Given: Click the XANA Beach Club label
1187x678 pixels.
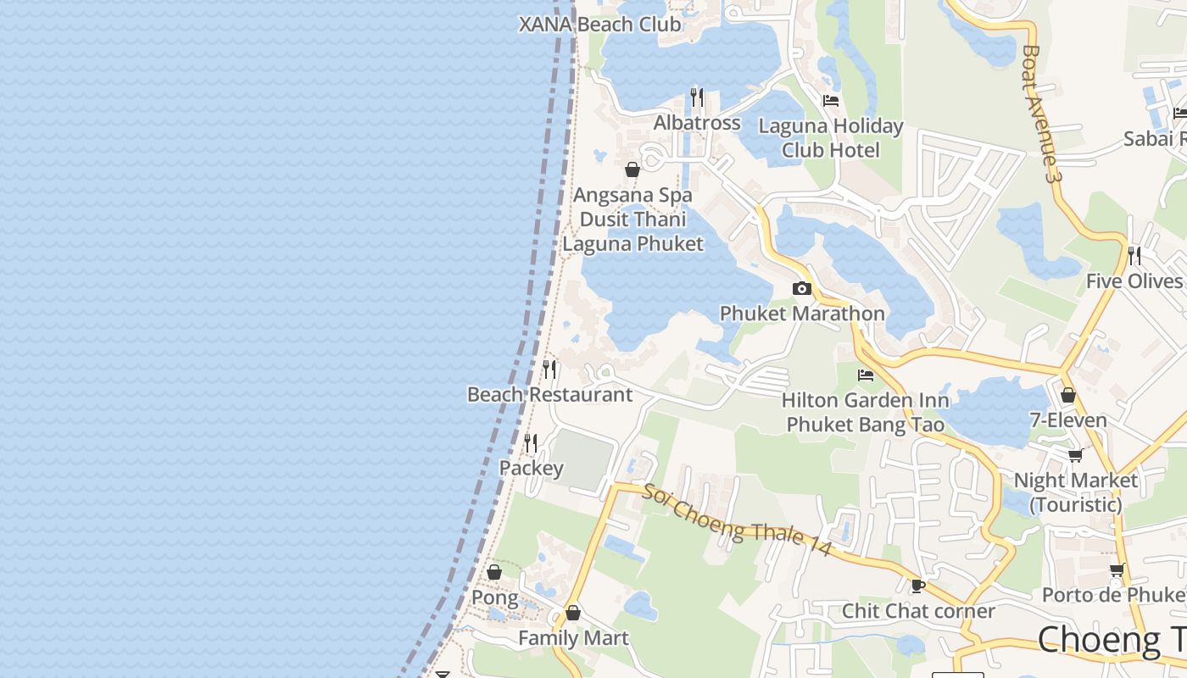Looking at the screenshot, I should click(600, 24).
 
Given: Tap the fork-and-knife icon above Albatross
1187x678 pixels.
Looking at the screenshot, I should click(697, 97).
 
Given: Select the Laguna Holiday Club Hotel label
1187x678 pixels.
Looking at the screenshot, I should click(831, 138).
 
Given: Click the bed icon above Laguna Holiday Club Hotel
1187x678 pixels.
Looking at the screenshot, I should click(831, 100).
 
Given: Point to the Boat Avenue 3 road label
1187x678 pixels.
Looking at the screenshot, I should click(1042, 114).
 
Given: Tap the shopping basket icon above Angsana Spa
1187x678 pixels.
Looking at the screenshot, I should click(633, 169).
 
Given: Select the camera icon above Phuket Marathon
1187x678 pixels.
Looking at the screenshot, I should click(801, 289).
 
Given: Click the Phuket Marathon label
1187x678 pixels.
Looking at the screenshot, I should click(802, 313).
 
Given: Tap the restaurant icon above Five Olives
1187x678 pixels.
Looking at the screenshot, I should click(1134, 255).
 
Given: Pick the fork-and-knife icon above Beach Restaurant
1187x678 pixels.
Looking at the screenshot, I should click(549, 370).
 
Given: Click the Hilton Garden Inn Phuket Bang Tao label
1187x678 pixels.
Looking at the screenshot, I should click(865, 412).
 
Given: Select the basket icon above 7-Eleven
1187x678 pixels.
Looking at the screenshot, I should click(1068, 395).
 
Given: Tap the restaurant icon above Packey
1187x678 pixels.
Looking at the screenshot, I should click(531, 443).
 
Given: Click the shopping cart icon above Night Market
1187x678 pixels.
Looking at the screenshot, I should click(1076, 456).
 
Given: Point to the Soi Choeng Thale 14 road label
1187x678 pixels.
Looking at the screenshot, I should click(736, 520).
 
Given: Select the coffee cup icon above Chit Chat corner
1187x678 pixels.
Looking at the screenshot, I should click(917, 586).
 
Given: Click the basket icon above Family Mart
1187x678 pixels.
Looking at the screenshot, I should click(573, 613).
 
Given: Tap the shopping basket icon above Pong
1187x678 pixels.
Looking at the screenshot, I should click(494, 573).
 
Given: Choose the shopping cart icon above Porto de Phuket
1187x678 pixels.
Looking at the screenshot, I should click(1117, 570).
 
